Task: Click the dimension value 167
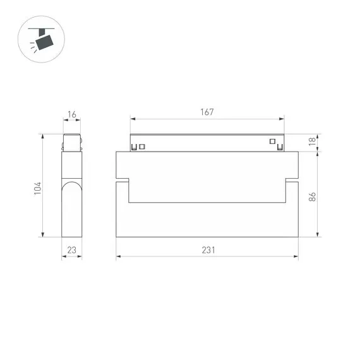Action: pos(207,112)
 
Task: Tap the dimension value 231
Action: pos(208,250)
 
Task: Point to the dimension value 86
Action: pos(312,196)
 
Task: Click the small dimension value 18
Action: pos(312,143)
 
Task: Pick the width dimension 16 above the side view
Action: pos(71,114)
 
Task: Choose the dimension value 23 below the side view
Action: pos(71,250)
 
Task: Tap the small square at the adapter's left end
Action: pos(142,147)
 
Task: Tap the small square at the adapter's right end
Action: pos(273,141)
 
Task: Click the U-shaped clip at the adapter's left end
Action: pos(134,148)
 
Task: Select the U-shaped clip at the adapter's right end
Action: pos(280,148)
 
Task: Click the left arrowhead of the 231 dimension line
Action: pos(118,256)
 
